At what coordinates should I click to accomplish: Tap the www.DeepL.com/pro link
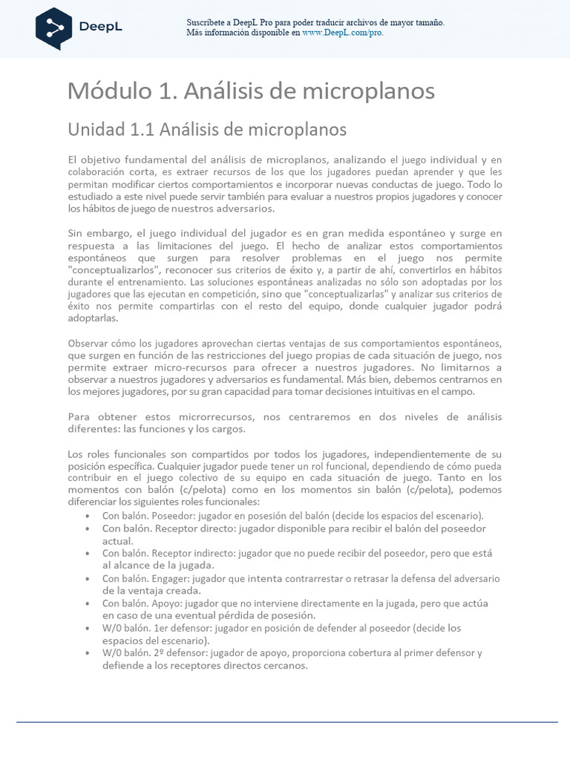click(343, 33)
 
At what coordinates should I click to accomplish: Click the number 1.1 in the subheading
click(141, 129)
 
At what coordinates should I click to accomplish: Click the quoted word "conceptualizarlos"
click(108, 270)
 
